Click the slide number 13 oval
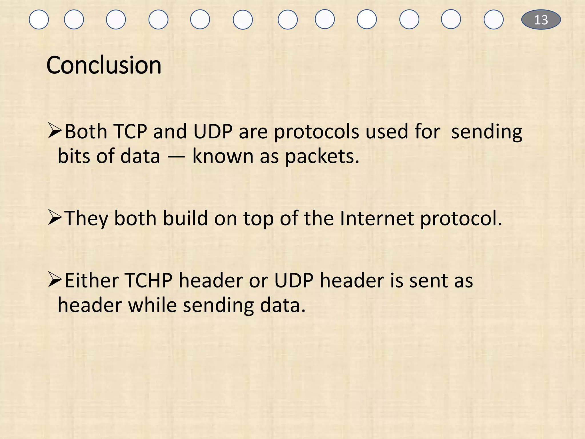click(x=541, y=20)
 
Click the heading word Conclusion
click(x=104, y=65)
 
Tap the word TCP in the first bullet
click(x=130, y=132)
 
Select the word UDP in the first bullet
click(x=213, y=132)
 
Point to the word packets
click(x=322, y=157)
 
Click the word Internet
click(x=377, y=219)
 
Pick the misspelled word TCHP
click(x=148, y=280)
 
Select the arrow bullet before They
click(x=55, y=217)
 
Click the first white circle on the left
click(x=39, y=20)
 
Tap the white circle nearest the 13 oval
click(x=493, y=20)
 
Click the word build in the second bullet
click(x=185, y=219)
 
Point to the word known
click(x=223, y=157)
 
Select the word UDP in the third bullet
click(x=294, y=280)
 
